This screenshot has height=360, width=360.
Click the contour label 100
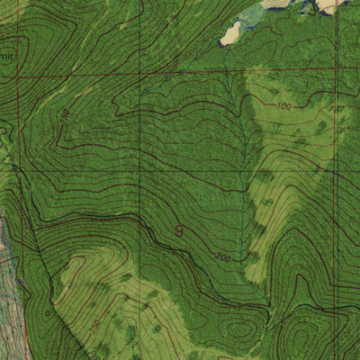[x=284, y=107]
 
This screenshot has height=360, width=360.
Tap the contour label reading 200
[x=222, y=258]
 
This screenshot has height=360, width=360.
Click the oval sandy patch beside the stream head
[x=231, y=33]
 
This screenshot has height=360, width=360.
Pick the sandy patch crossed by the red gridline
[x=332, y=5]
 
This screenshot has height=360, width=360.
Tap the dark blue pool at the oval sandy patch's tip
[x=221, y=43]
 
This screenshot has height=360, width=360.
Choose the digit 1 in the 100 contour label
[x=279, y=107]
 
